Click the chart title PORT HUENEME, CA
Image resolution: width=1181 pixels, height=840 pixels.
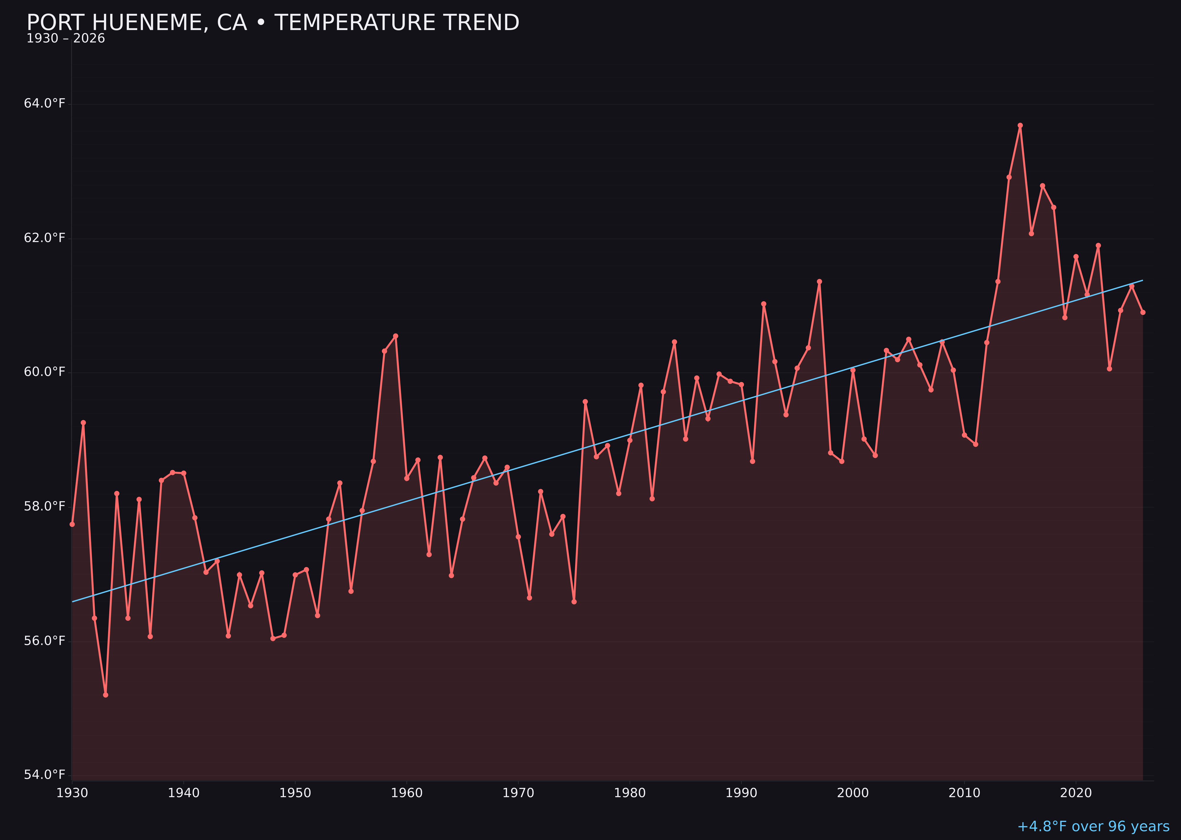(273, 23)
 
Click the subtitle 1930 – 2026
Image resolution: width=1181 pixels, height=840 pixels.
(66, 39)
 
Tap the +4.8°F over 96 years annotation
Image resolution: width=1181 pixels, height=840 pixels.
(1093, 826)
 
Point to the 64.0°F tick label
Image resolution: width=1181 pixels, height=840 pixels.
(45, 103)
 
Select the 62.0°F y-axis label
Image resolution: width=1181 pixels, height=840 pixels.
(45, 238)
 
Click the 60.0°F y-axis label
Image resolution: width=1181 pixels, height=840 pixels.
(45, 372)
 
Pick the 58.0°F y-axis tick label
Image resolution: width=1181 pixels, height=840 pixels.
(45, 506)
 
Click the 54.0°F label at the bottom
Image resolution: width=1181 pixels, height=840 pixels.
(45, 774)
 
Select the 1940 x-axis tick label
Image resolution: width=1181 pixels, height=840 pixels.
(184, 793)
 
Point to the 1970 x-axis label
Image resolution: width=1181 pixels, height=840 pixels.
(518, 793)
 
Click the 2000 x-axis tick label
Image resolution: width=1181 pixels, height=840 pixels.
(853, 793)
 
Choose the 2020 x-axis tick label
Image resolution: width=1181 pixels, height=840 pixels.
(1076, 793)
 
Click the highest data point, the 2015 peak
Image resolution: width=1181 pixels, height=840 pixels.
(1020, 125)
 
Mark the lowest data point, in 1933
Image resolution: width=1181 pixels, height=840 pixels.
(105, 695)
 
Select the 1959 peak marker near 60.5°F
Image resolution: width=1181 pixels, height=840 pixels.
(396, 336)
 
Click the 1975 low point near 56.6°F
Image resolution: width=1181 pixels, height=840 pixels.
(574, 602)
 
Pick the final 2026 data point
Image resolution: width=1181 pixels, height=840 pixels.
(1143, 312)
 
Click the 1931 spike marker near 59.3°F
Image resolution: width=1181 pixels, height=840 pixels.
(83, 423)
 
